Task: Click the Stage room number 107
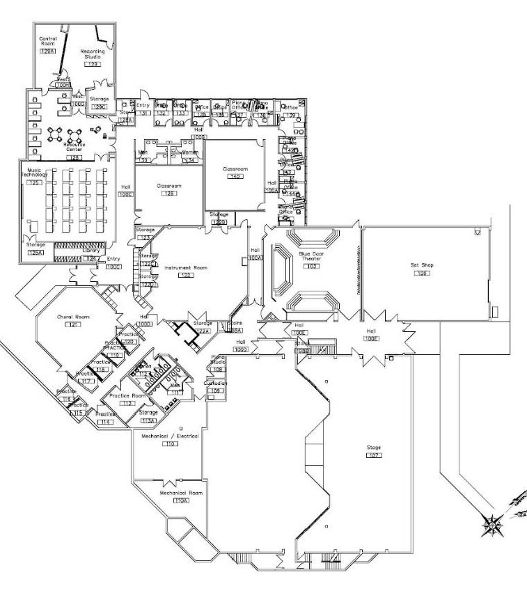[x=374, y=454]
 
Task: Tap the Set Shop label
[x=420, y=264]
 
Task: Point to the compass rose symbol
[x=492, y=523]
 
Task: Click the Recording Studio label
[x=93, y=54]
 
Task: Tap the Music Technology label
[x=35, y=173]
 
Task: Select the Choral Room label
[x=70, y=317]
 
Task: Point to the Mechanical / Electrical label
[x=170, y=436]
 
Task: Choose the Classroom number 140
[x=235, y=177]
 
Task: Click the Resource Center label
[x=74, y=147]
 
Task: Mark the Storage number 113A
[x=149, y=420]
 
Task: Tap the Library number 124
[x=91, y=258]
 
